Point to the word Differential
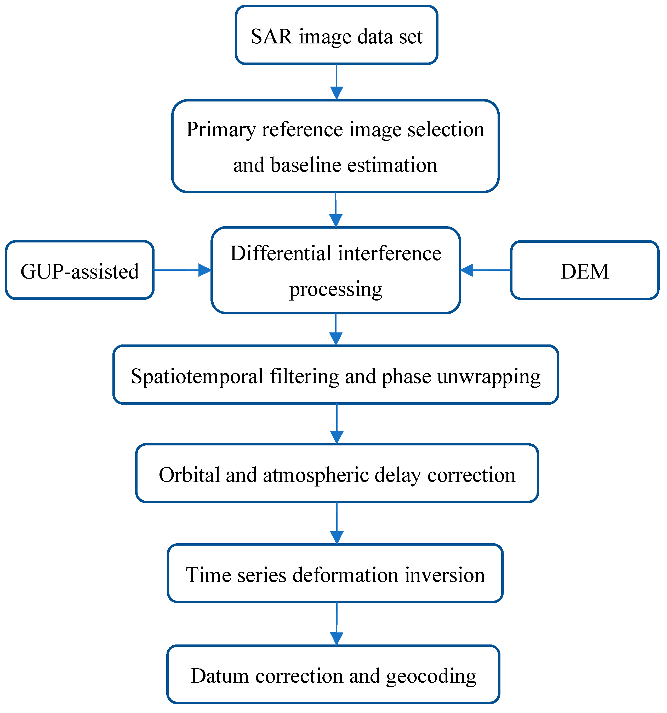click(x=281, y=253)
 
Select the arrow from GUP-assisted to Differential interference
click(x=183, y=270)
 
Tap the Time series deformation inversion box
click(x=335, y=575)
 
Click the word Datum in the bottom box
click(x=219, y=676)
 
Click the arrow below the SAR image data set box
click(x=336, y=82)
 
